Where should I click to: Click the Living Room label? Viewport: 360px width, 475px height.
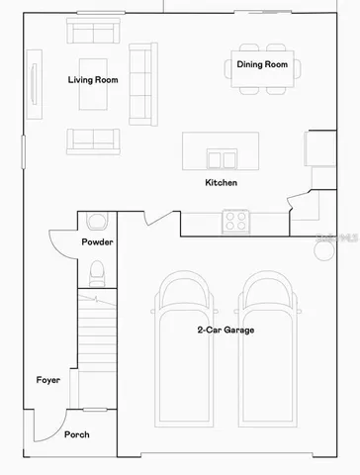coord(92,80)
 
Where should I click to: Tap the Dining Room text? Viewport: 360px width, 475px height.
coord(262,64)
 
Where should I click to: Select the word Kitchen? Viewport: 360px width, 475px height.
coord(221,183)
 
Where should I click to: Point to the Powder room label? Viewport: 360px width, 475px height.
coord(97,242)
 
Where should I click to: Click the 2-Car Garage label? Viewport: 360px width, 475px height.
coord(225,330)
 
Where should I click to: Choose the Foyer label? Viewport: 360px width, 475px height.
coord(48,380)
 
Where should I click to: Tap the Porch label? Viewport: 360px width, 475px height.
coord(77,434)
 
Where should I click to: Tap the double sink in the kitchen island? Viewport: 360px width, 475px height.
coord(222,157)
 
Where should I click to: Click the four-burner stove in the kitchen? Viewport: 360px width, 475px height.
coord(235,221)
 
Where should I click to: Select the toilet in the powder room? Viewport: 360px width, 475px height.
coord(96,270)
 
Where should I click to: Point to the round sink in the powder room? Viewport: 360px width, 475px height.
coord(96,222)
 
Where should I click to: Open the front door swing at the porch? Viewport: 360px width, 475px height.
coord(45,427)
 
